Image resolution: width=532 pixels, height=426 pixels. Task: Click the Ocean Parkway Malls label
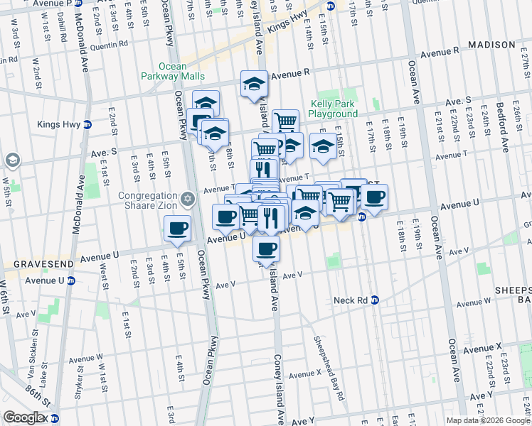(172, 71)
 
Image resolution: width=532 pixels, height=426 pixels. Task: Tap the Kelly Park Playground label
(333, 109)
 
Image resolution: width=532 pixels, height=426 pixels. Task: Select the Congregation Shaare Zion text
(147, 200)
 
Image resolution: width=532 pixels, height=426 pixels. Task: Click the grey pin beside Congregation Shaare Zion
(187, 199)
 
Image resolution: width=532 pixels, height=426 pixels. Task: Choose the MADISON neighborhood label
(491, 45)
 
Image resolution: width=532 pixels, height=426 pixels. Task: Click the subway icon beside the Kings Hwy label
(87, 124)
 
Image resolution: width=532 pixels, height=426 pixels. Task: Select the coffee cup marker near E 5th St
(177, 228)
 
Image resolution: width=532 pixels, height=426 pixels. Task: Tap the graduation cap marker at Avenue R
(254, 83)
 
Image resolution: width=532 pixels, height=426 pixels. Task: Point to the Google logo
(23, 417)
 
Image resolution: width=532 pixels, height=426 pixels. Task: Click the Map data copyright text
(488, 420)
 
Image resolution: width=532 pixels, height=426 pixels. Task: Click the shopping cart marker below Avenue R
(285, 121)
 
